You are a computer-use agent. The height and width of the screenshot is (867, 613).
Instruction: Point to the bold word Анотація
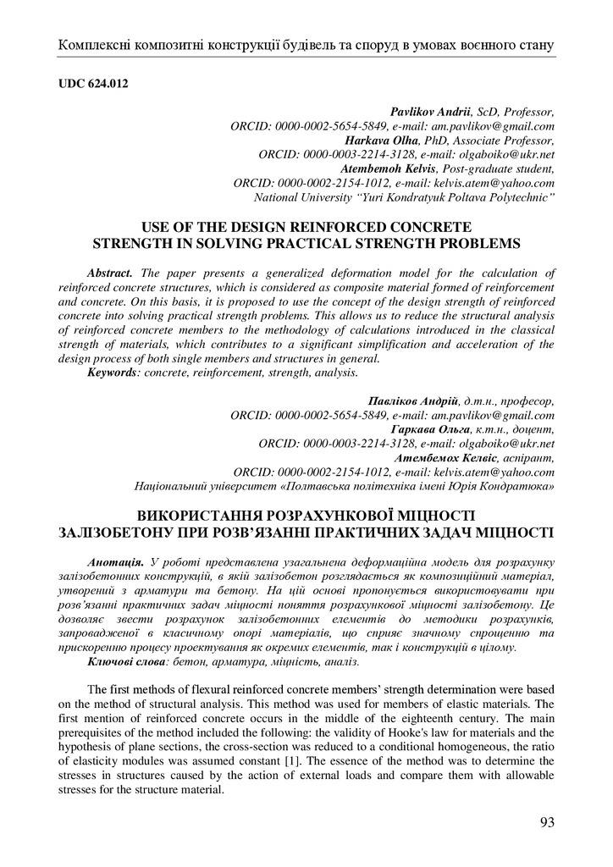click(x=115, y=563)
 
